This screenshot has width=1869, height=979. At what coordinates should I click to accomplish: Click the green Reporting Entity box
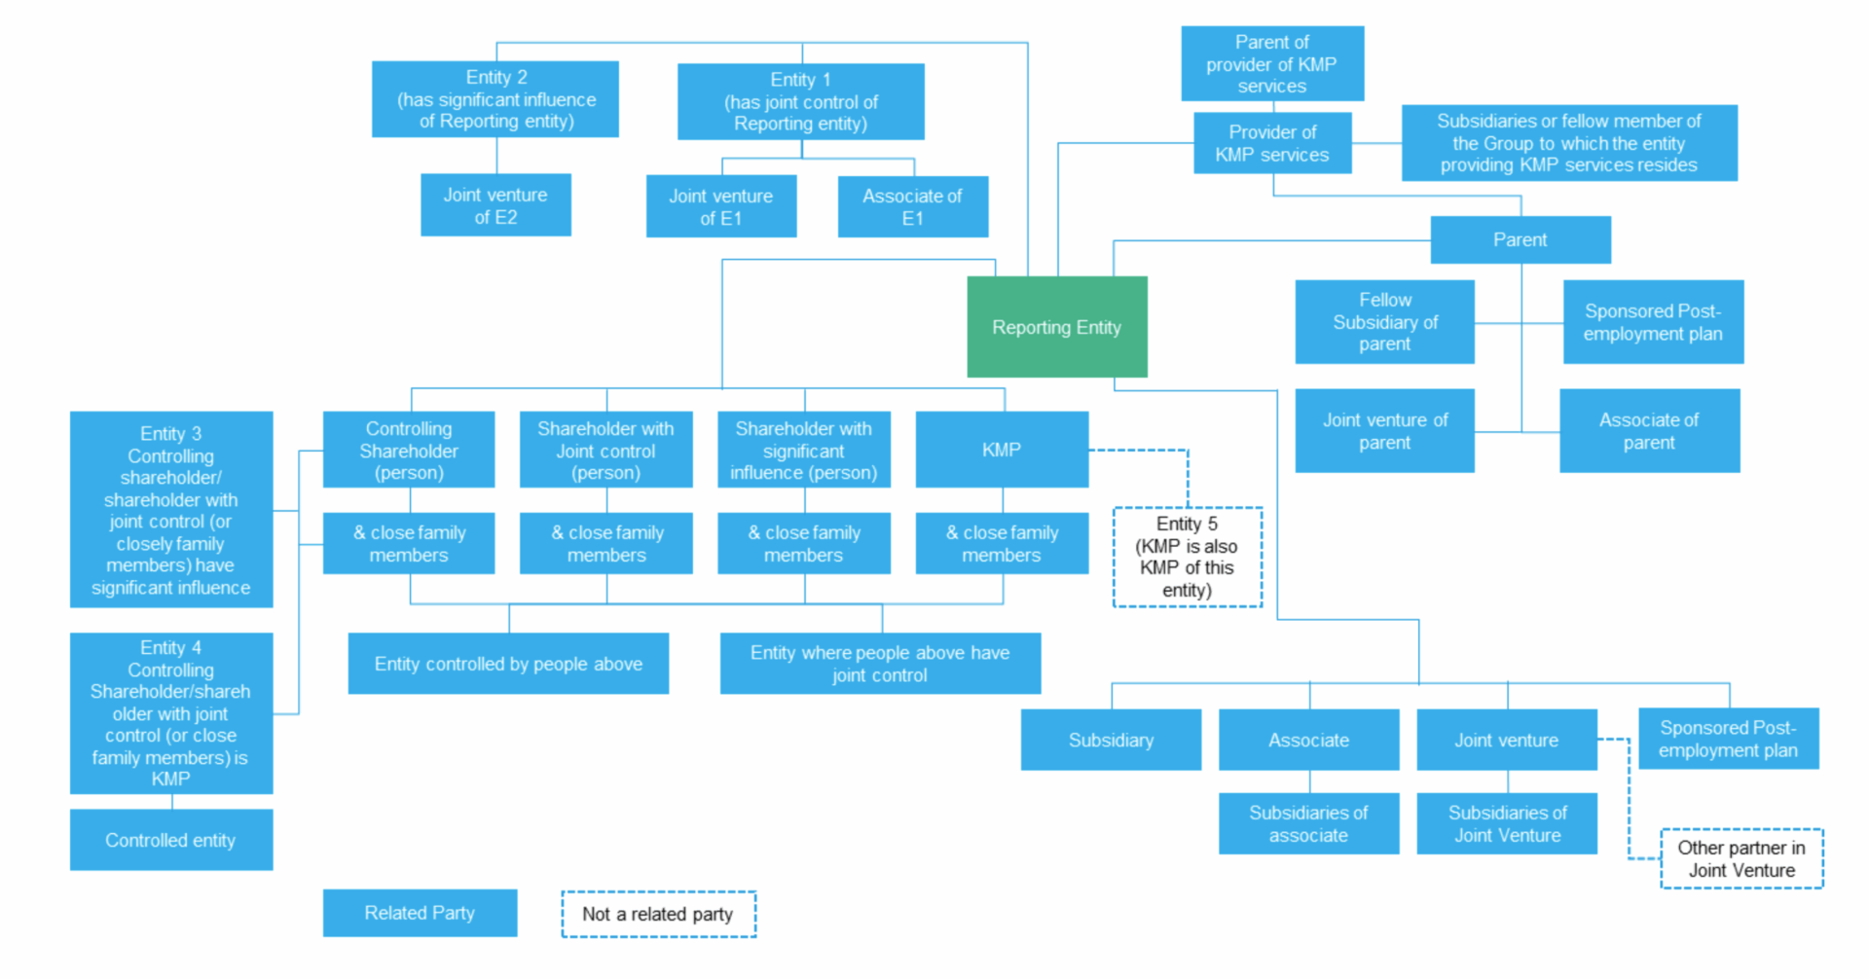click(1056, 327)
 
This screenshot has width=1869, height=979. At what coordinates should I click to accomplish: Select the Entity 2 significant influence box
click(495, 99)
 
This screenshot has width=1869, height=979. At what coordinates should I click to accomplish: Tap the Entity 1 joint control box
click(800, 101)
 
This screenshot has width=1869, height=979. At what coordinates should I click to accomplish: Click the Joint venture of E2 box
click(495, 205)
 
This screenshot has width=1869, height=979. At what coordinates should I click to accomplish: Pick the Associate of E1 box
click(912, 206)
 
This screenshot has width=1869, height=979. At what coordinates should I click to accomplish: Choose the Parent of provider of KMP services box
click(1271, 64)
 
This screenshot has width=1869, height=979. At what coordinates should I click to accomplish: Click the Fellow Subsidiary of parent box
click(1384, 322)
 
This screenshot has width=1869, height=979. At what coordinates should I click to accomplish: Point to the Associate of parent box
click(1649, 431)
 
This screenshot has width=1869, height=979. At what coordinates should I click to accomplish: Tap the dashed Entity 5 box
click(1187, 557)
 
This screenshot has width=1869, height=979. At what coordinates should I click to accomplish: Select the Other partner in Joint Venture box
click(1741, 858)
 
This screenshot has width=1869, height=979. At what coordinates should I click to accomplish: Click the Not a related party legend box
click(658, 914)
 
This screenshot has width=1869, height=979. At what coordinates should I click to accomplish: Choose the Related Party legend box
click(420, 913)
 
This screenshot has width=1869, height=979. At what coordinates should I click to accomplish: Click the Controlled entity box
click(170, 840)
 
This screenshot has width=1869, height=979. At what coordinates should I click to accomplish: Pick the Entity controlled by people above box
click(508, 664)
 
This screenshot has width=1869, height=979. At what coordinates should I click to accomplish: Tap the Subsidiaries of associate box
click(1308, 823)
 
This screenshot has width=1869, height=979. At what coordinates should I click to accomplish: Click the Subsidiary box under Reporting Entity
click(1111, 740)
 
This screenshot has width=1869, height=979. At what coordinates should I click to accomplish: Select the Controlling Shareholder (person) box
click(409, 450)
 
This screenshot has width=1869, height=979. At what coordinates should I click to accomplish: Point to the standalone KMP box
click(1002, 450)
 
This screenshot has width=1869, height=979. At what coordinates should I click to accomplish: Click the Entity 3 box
click(170, 509)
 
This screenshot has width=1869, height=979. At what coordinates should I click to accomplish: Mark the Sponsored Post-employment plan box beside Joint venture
click(1728, 739)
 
